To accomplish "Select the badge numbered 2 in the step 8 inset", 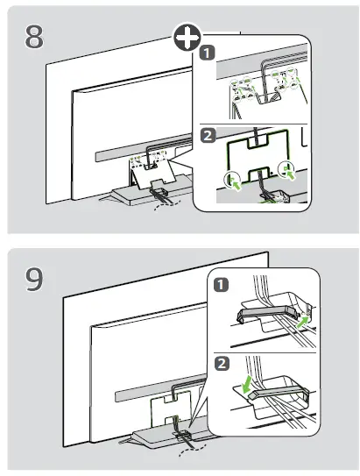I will point(208,134).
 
